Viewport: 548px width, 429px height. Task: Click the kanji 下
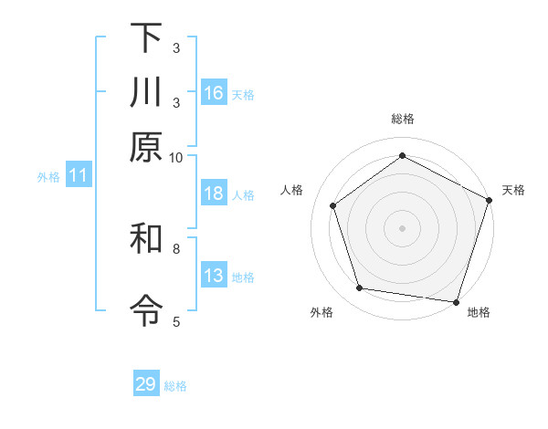[x=146, y=38]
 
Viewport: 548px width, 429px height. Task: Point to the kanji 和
[x=146, y=240]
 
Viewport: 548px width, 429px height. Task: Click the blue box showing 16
[x=214, y=92]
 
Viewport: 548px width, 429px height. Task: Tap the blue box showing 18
[x=214, y=194]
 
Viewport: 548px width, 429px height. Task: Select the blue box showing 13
[x=214, y=277]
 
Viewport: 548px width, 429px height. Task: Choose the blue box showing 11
[x=78, y=176]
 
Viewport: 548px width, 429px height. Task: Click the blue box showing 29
[x=146, y=384]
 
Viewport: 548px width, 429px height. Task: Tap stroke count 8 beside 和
[x=176, y=247]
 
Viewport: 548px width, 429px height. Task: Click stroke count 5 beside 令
[x=176, y=321]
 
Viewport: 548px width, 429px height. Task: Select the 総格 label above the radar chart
[x=403, y=119]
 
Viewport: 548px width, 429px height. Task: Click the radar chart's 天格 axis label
[x=513, y=190]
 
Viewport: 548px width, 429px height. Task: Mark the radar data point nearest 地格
[x=457, y=301]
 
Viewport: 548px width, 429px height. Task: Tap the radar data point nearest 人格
[x=333, y=205]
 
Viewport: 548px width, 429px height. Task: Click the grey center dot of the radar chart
[x=403, y=227]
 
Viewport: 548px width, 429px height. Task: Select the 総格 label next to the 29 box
[x=175, y=386]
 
